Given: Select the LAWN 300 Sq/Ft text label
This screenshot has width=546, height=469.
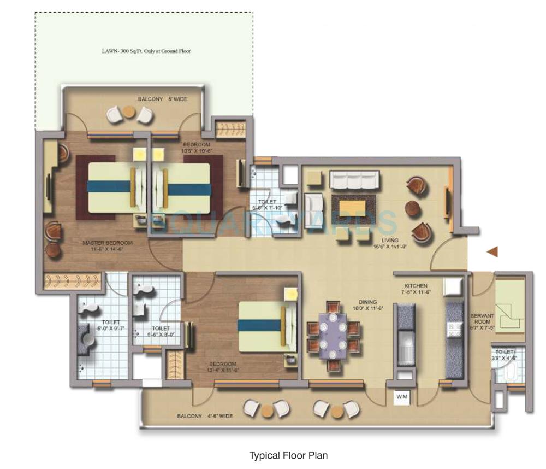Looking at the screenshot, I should click(x=146, y=51).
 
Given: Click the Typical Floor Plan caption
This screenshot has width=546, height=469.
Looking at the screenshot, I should click(x=288, y=455).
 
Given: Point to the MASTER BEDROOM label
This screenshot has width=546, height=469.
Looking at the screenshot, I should click(x=107, y=246).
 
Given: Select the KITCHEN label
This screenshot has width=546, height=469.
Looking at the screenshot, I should click(x=416, y=289).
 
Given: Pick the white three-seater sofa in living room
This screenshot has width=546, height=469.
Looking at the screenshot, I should click(x=355, y=180).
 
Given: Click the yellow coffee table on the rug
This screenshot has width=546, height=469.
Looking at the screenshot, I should click(x=353, y=209).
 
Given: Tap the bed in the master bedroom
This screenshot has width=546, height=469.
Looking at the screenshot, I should click(x=112, y=187).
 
